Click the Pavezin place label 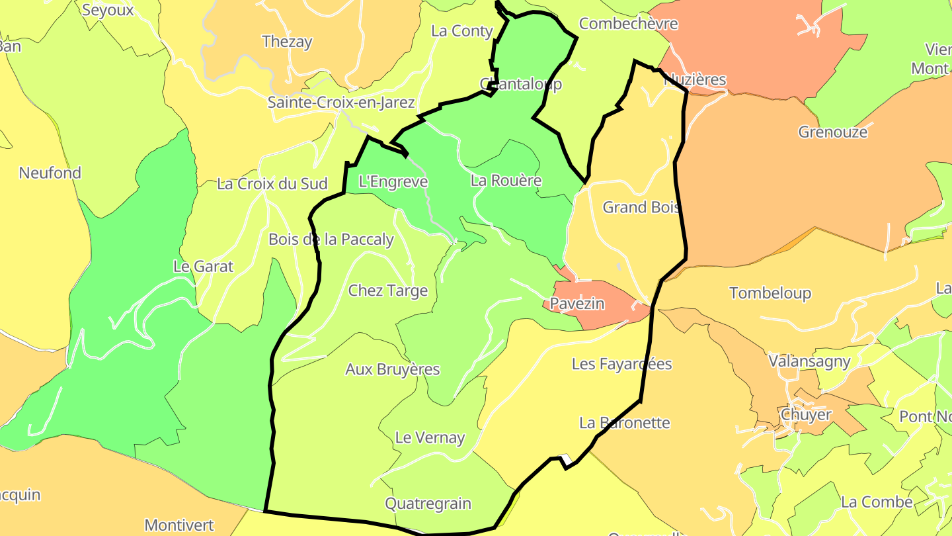point(577,304)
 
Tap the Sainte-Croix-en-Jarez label point(341,103)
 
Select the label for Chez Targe point(388,290)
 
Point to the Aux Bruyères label point(393,369)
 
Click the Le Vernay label point(430,437)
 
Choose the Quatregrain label point(428,504)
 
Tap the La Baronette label point(625,423)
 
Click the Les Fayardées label point(622,364)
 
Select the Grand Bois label point(641,207)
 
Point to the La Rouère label point(506,181)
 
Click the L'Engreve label point(393,181)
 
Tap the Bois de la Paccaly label point(331,240)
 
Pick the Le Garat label point(204,267)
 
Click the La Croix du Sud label point(272,184)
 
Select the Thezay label point(287,42)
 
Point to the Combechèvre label point(629,24)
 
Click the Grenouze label point(833,132)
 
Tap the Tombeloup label point(770,293)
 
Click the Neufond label point(50,173)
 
